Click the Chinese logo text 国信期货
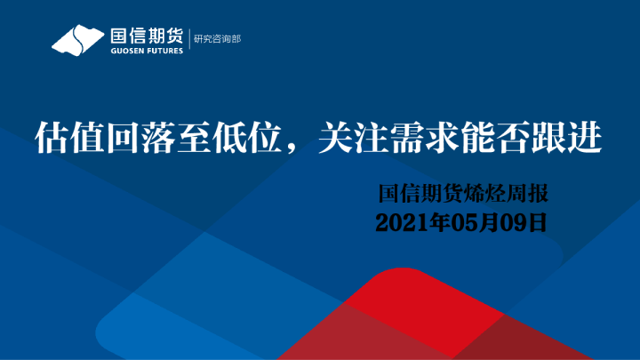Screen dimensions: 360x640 point(146,36)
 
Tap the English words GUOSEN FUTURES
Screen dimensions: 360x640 point(146,51)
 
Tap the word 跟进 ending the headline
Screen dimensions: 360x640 point(566,140)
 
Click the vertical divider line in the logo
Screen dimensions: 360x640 point(188,41)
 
